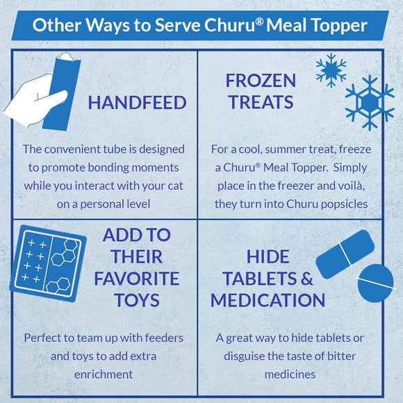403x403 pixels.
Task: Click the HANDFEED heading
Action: point(137,103)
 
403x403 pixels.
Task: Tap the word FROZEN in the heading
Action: point(261,81)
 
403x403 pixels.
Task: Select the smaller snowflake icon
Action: point(331,70)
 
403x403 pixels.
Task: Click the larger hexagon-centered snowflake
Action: point(370,103)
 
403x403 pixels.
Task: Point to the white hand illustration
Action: point(33,100)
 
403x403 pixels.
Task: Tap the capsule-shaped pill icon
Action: point(345,254)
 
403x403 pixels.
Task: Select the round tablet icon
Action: point(375,283)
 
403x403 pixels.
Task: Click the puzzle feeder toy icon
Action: point(48,263)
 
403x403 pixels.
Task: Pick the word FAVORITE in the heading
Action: point(137,279)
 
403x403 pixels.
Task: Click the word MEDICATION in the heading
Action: point(268,300)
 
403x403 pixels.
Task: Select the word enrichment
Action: point(104,375)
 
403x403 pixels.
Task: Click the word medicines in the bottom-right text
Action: point(290,375)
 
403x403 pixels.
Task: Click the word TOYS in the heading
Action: point(137,300)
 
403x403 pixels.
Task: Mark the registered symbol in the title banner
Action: point(260,22)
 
